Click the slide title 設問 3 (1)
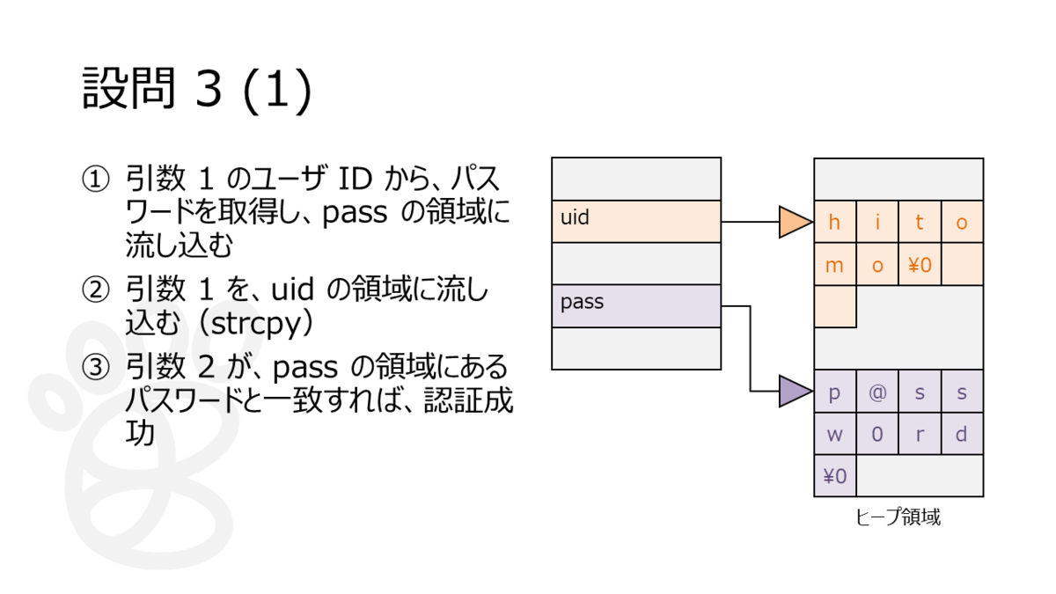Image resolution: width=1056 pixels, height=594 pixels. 197,89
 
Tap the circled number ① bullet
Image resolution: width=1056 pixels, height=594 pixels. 96,180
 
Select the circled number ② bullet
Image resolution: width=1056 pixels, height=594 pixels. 96,290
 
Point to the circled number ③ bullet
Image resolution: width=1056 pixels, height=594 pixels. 96,367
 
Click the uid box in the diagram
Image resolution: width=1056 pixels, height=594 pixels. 636,222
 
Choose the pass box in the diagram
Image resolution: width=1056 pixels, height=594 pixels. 636,306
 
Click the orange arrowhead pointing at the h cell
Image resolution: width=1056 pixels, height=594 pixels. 796,222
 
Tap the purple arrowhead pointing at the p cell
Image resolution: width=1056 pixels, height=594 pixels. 796,392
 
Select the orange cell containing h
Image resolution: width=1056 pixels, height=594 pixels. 835,222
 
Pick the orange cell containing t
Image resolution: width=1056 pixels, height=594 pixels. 920,222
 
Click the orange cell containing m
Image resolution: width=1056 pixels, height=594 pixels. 835,264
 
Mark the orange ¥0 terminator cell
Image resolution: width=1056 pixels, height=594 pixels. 920,264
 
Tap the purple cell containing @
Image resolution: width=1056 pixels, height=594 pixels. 877,392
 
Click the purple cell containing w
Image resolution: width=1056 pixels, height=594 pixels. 835,434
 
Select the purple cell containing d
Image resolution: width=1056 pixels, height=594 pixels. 962,434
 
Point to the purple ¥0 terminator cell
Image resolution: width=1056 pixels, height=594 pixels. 835,476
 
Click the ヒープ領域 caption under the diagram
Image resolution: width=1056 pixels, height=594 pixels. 898,517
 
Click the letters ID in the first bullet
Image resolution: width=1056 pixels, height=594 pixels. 355,180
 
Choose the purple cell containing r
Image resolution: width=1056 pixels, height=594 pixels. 920,434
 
